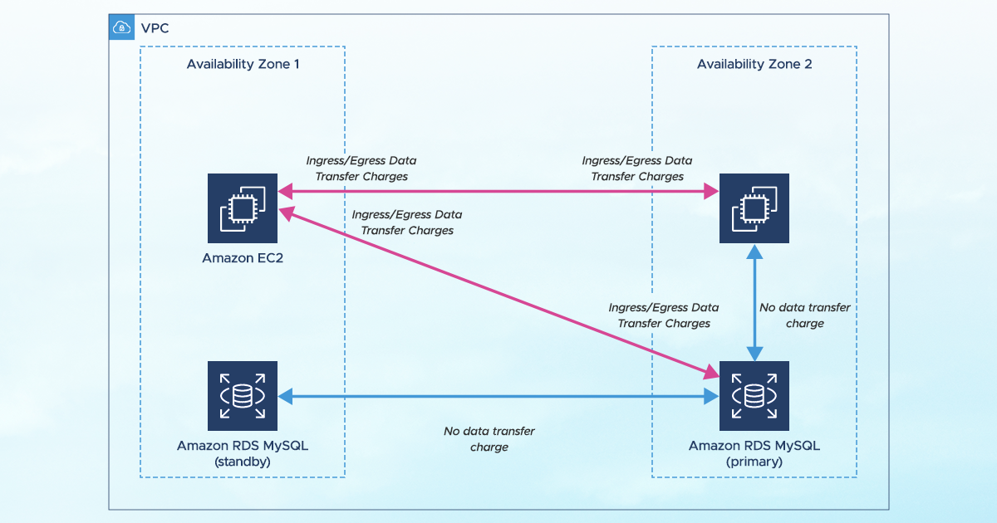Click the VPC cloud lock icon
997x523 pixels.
coord(121,27)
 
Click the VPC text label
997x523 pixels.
coord(154,28)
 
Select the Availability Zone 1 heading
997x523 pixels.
coord(243,65)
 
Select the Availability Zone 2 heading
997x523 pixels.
coord(754,65)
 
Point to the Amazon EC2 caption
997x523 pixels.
coord(243,258)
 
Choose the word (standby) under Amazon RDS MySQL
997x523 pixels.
coord(243,462)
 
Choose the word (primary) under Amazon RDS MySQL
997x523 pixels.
coord(754,462)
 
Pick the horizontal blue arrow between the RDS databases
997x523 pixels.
coord(498,396)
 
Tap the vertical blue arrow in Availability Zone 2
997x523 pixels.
coord(754,303)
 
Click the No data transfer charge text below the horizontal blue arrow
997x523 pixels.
coord(489,439)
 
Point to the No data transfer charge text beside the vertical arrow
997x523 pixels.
coord(805,315)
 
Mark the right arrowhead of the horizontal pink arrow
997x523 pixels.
coord(711,193)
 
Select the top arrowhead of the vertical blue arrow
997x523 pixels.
coord(754,250)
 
